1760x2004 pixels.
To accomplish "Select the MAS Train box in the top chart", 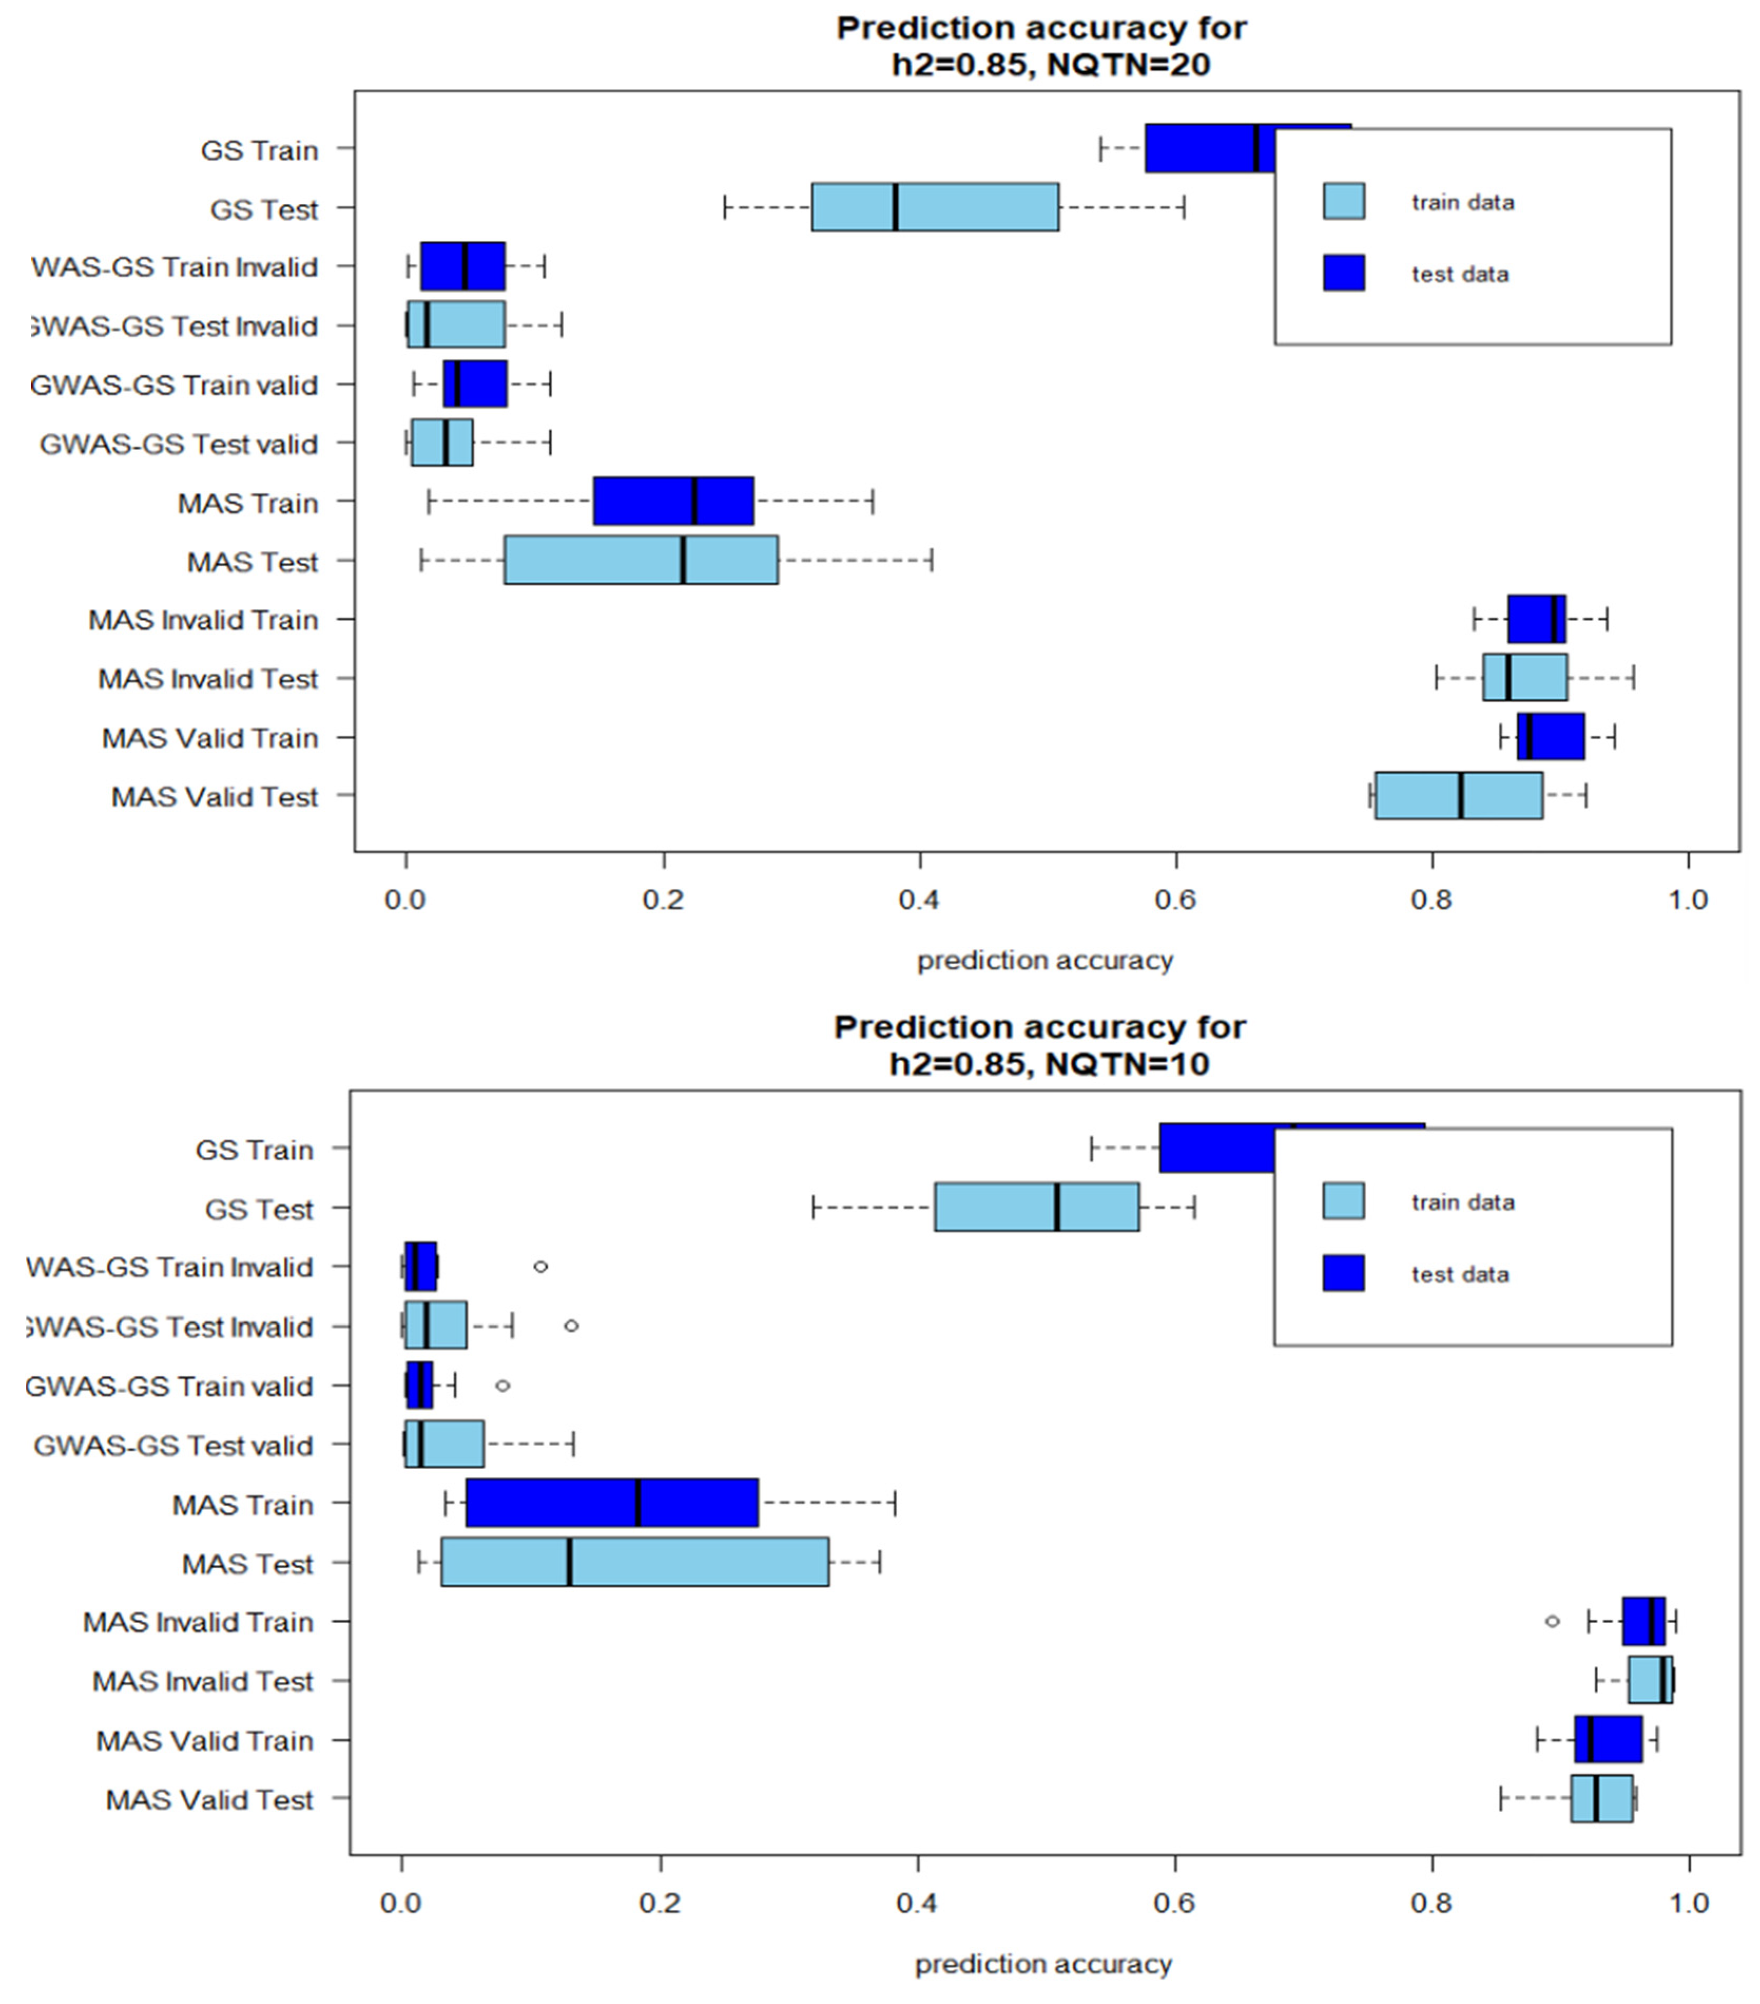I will pyautogui.click(x=674, y=501).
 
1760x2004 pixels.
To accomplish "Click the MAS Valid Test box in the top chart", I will pyautogui.click(x=1458, y=795).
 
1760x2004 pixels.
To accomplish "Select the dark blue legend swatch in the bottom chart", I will pyautogui.click(x=1343, y=1273).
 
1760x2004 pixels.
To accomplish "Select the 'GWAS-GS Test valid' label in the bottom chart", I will pyautogui.click(x=173, y=1445).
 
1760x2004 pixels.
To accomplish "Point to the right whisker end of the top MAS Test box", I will pyautogui.click(x=931, y=560).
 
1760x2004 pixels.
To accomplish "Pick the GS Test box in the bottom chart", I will pyautogui.click(x=1036, y=1207).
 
